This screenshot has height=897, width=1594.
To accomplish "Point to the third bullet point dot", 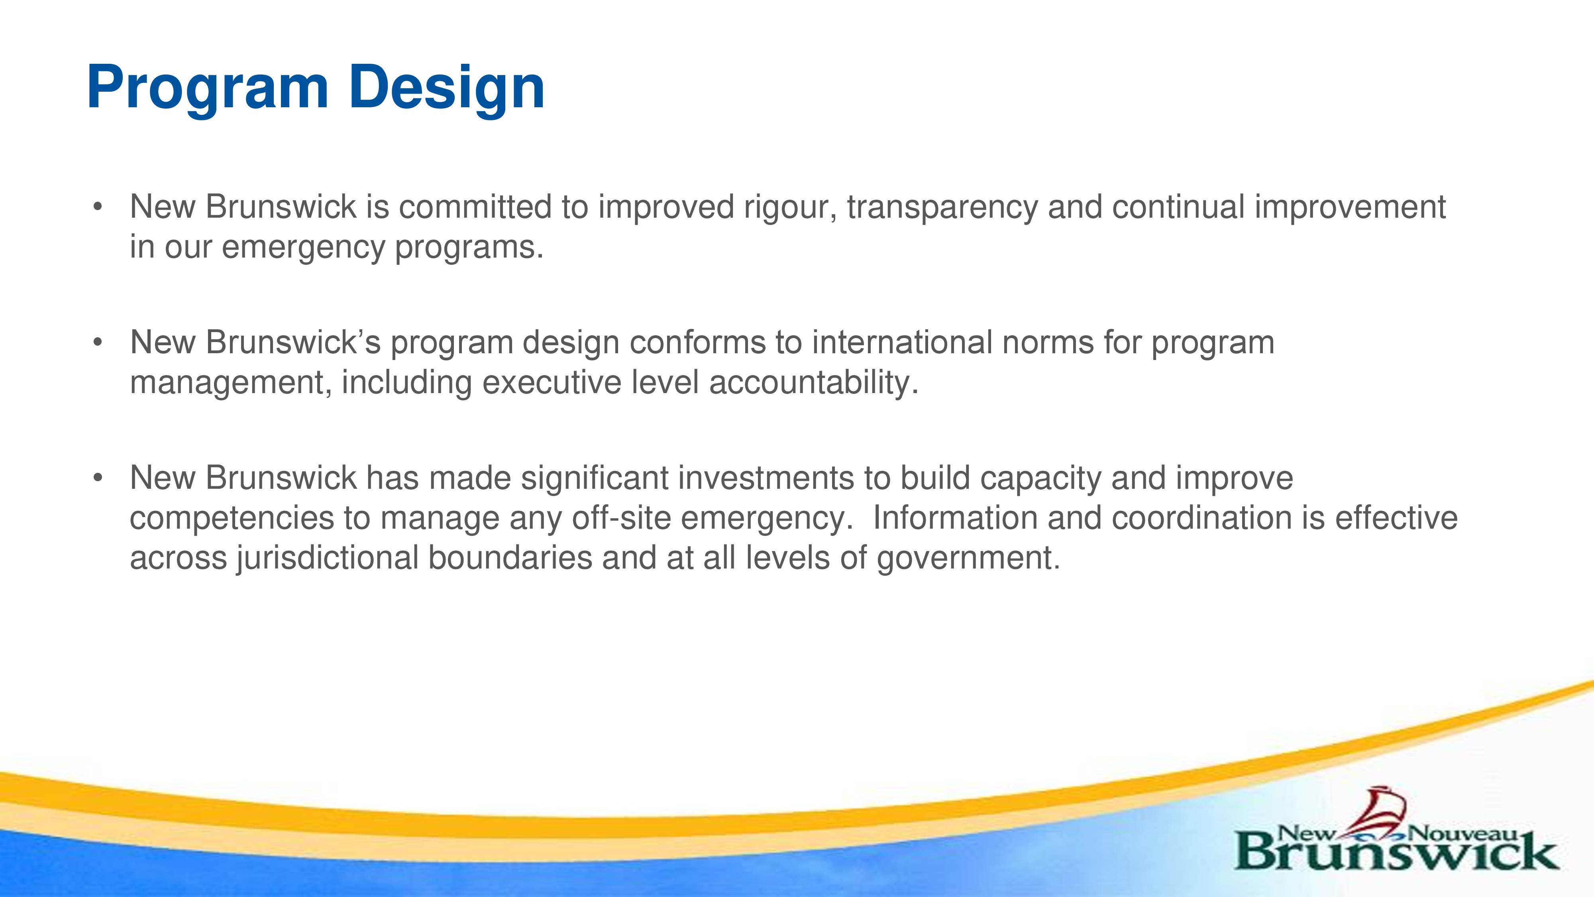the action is click(97, 478).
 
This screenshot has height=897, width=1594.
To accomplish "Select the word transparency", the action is click(942, 209).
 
